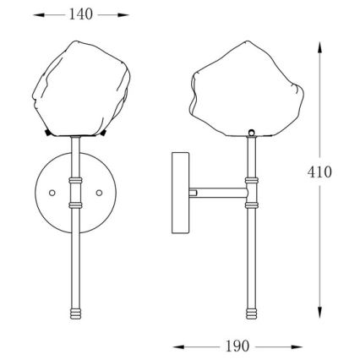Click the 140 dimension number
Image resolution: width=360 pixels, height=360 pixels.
[81, 14]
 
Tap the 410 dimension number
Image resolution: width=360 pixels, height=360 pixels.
[319, 172]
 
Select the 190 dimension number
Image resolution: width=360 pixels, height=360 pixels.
[237, 346]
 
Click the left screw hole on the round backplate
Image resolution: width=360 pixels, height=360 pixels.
[52, 193]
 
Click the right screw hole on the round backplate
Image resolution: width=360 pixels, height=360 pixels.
[99, 193]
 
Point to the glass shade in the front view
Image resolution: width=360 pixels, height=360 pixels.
[81, 89]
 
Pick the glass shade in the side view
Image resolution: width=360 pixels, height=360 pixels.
[247, 90]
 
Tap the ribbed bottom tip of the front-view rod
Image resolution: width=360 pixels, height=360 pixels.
[75, 314]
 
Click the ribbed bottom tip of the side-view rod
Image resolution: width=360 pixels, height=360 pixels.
[252, 314]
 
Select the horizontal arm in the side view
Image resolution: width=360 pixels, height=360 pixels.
[219, 193]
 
